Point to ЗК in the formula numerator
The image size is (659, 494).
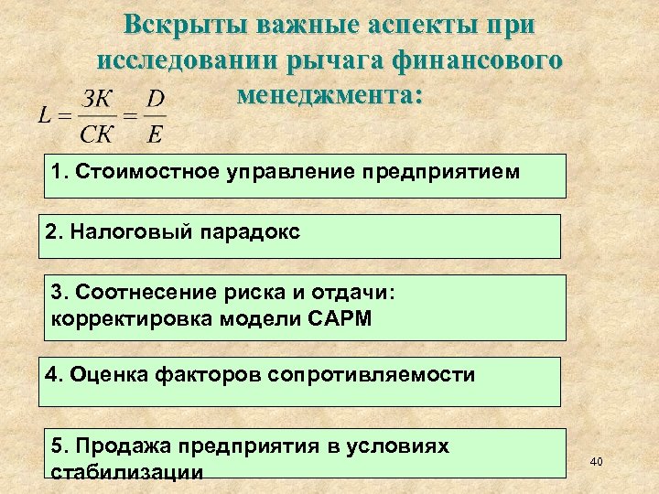point(98,99)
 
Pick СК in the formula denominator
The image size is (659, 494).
point(98,135)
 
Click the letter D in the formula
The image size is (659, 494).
point(156,99)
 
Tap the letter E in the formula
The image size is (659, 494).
point(156,135)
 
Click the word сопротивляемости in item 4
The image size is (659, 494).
point(371,374)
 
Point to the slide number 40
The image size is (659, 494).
point(597,462)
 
